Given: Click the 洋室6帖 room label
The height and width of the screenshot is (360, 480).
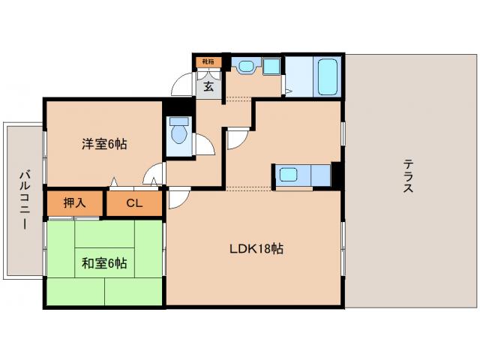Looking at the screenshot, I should pos(103,144).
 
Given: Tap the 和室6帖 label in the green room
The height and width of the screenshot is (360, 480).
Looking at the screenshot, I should pos(103,263).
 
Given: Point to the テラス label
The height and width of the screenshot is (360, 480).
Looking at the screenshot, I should pos(408,175).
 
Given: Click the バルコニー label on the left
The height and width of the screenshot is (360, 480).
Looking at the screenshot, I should pos(23,200).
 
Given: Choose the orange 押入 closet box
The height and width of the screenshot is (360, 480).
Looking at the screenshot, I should pos(74,202).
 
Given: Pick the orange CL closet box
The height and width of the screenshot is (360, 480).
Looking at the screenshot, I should pos(133,202).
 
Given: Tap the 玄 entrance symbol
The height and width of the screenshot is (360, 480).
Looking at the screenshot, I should pos(208,86).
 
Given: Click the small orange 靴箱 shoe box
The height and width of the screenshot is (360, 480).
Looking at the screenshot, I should pos(207,62).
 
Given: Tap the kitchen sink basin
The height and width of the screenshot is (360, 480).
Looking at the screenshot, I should pos(288,177).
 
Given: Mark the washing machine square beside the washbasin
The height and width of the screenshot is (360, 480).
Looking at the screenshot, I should pos(271,68).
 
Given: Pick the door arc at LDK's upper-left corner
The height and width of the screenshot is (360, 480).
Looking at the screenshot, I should pos(178,198).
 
